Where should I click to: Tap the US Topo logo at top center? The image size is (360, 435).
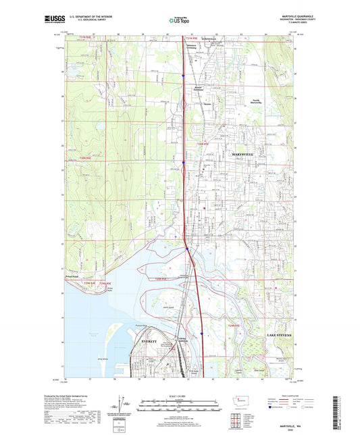click(179, 21)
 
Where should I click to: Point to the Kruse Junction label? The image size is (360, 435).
click(199, 88)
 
